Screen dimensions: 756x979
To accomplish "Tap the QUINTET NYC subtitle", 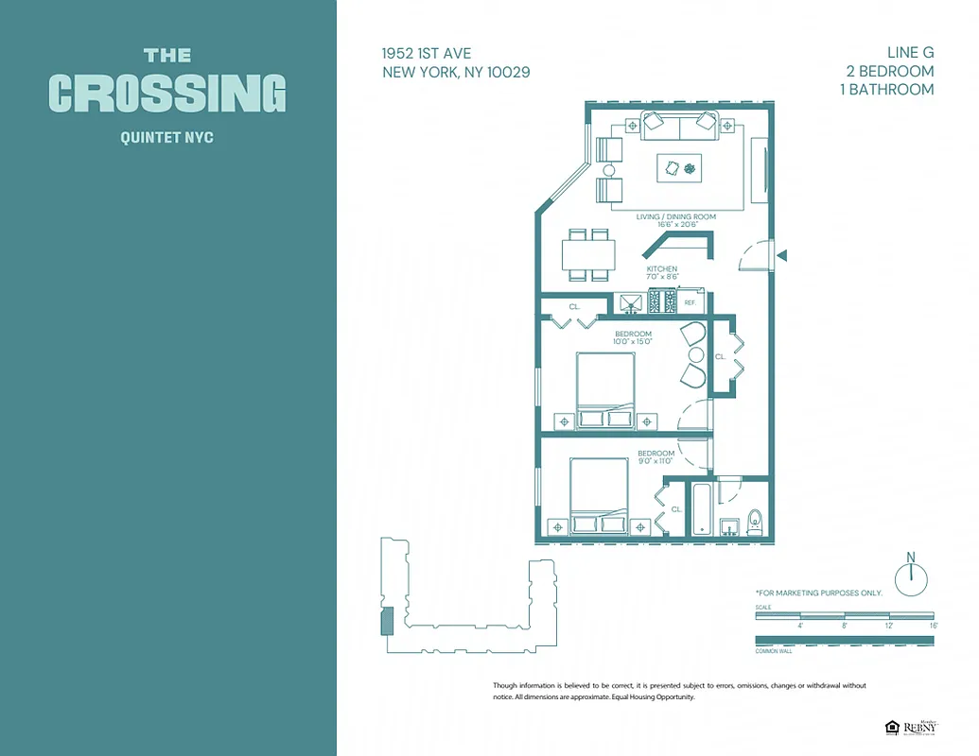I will tap(167, 138).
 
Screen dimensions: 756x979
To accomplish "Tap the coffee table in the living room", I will tap(680, 168).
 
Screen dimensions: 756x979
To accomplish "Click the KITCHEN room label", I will tap(662, 269).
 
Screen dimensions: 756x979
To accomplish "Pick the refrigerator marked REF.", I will tap(691, 302).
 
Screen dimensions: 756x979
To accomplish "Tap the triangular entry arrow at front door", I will tap(781, 255).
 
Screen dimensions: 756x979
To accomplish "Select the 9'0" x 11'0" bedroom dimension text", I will tap(655, 461).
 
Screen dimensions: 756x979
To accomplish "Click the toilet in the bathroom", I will tap(755, 522).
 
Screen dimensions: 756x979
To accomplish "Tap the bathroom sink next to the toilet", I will tap(729, 525).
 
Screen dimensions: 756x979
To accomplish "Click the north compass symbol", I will tap(911, 577).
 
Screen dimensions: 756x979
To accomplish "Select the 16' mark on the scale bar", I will tap(933, 626).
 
